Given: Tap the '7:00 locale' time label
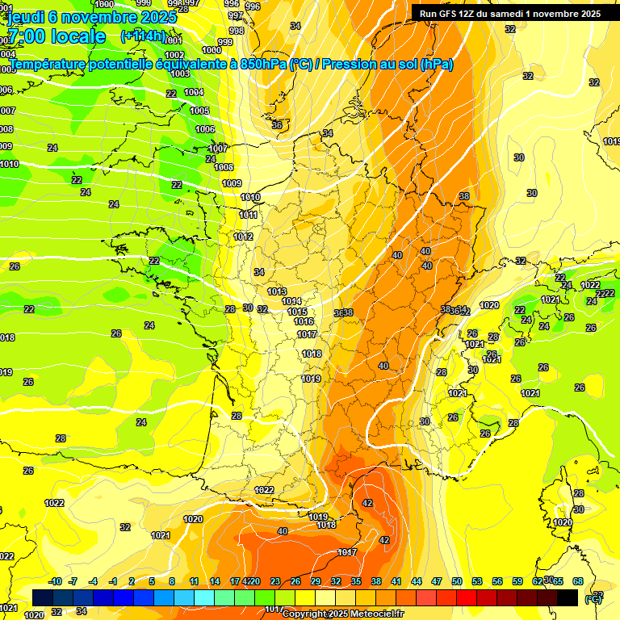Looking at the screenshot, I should pyautogui.click(x=57, y=36).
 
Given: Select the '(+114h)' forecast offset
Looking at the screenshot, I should pyautogui.click(x=142, y=36).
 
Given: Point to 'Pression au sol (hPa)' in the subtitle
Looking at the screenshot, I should pyautogui.click(x=387, y=65).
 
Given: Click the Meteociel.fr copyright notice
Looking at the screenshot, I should pyautogui.click(x=342, y=614).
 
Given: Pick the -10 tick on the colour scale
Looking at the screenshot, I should pyautogui.click(x=55, y=581).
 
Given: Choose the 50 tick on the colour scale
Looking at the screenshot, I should pyautogui.click(x=457, y=581).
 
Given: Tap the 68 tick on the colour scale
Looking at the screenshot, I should pyautogui.click(x=578, y=581).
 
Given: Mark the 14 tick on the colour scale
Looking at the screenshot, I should pyautogui.click(x=215, y=581).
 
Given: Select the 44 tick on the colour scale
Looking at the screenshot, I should pyautogui.click(x=417, y=581).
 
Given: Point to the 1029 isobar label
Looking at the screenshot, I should pyautogui.click(x=489, y=305).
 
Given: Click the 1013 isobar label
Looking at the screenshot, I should pyautogui.click(x=277, y=291).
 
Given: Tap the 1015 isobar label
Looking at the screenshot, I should pyautogui.click(x=297, y=312).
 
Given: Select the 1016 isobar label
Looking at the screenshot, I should pyautogui.click(x=304, y=321).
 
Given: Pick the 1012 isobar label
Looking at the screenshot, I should pyautogui.click(x=244, y=237).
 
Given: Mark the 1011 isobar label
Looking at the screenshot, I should pyautogui.click(x=249, y=215).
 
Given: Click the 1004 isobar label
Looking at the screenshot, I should pyautogui.click(x=194, y=92).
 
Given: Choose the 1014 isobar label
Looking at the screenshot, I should pyautogui.click(x=291, y=301).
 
